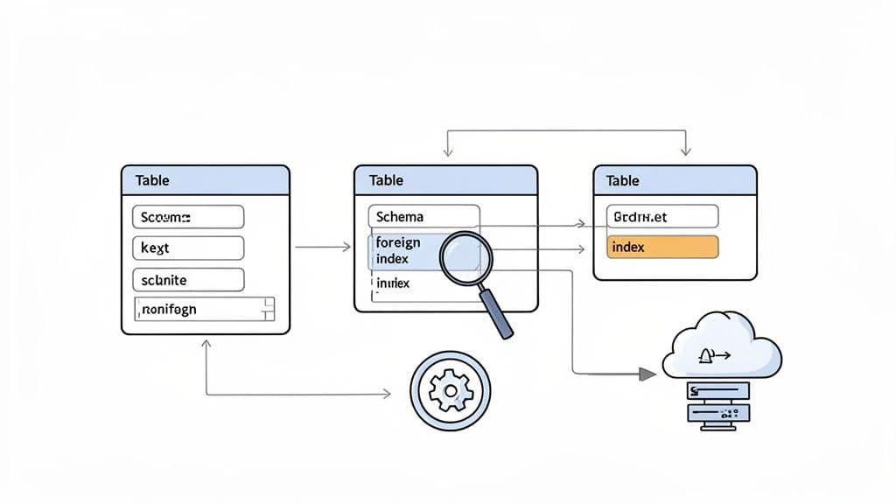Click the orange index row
[x=661, y=247]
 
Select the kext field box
[x=187, y=248]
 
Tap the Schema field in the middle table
[x=424, y=216]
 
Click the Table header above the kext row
[x=205, y=180]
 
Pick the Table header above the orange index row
[x=675, y=180]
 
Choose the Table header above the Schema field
[x=445, y=180]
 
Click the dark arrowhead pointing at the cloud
[x=647, y=374]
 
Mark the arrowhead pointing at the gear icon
[x=386, y=395]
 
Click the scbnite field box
[x=187, y=280]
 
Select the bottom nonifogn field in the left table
[x=204, y=308]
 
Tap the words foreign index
[x=398, y=251]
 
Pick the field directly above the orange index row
[x=661, y=216]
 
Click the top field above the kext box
[x=187, y=216]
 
